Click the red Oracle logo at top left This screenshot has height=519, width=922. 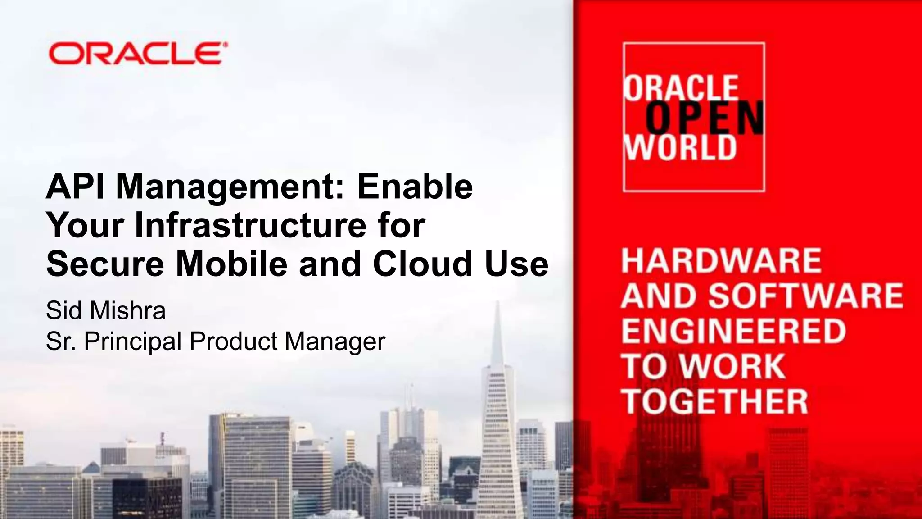pos(137,54)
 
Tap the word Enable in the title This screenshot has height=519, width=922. pos(415,186)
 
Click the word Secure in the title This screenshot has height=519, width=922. pos(105,264)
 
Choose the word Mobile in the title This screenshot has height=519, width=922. pos(231,264)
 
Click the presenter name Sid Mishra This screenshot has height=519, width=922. pos(106,310)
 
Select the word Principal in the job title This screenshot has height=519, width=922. pos(134,341)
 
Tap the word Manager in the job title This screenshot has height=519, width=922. pos(335,341)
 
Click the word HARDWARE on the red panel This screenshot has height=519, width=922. pos(721,260)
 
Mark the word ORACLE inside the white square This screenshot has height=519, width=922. pos(681,88)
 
